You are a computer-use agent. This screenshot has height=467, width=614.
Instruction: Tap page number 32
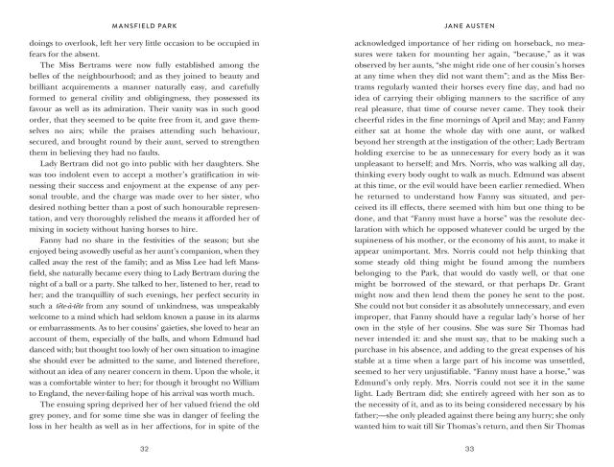[x=143, y=448]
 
